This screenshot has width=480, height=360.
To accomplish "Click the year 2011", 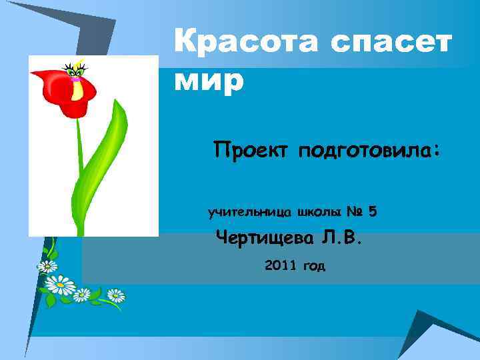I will pos(280,265).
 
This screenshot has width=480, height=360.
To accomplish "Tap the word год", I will pos(313,266).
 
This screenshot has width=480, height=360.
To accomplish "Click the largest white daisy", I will pos(61,285).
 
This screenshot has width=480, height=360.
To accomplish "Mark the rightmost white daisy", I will pos(116,295).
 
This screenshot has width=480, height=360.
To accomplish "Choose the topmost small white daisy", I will pos(47,267).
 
